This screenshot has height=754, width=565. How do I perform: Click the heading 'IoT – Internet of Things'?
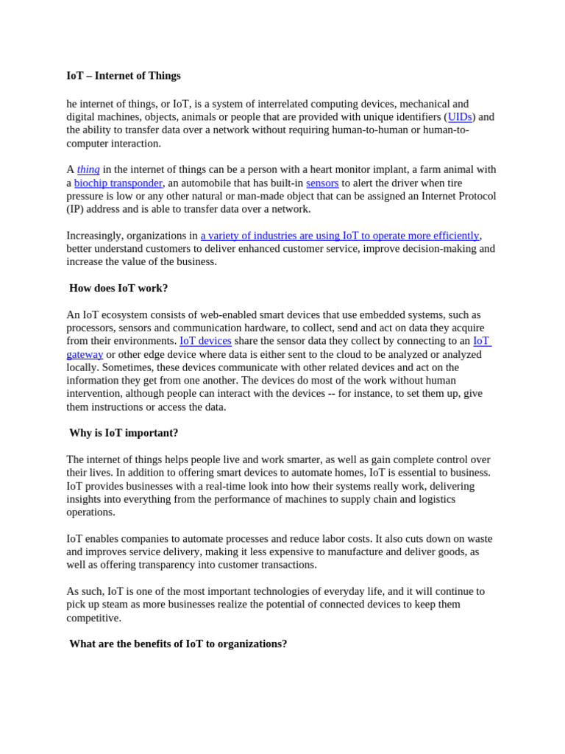point(124,76)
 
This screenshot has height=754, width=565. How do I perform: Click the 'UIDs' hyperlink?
point(460,117)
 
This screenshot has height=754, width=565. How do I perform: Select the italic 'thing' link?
point(88,169)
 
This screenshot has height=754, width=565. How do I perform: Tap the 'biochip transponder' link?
point(118,183)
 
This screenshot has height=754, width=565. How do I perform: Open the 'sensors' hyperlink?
point(322,183)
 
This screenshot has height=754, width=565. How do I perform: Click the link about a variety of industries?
point(339,236)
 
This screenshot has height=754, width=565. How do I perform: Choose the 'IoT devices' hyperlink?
point(205,341)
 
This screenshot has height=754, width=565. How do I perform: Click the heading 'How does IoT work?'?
point(118,288)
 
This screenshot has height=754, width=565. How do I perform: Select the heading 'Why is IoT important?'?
point(124,433)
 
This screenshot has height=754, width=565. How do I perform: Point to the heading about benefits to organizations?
point(178,644)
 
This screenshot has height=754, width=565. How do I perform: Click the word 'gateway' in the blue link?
point(85,354)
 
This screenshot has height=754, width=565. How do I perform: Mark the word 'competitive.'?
point(93,618)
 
